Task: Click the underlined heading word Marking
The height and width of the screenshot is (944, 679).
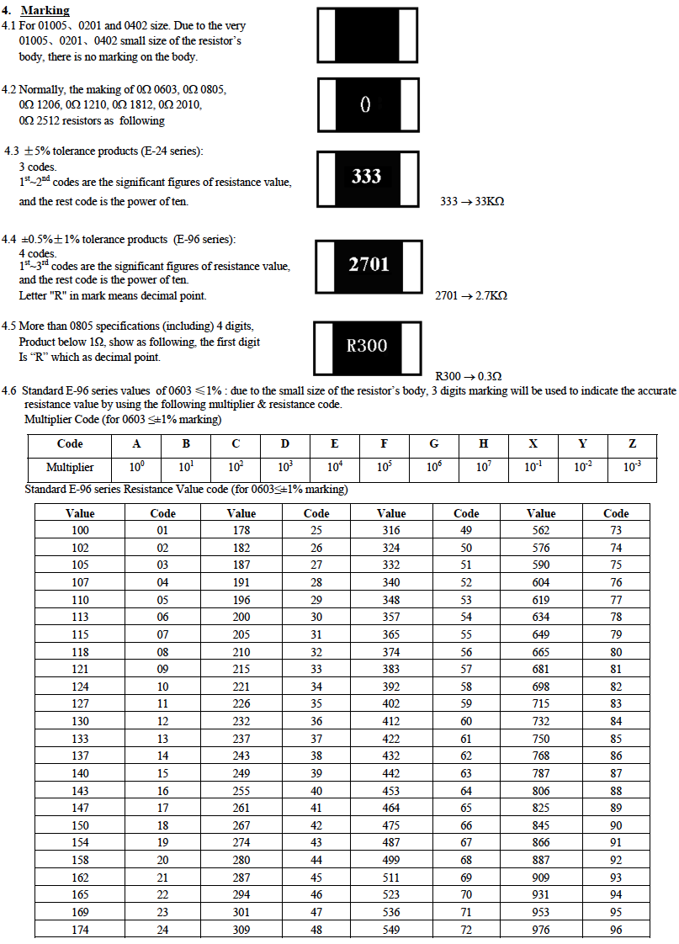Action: click(x=45, y=11)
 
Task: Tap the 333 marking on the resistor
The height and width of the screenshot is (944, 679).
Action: click(x=366, y=177)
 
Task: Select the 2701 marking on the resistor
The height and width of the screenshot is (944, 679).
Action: click(x=369, y=265)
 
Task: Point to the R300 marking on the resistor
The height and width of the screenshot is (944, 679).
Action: click(x=367, y=346)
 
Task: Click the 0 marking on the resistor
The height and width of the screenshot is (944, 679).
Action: click(x=365, y=104)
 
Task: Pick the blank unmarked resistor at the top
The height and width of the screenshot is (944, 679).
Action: click(x=367, y=34)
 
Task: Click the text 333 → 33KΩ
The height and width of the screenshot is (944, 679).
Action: click(x=472, y=202)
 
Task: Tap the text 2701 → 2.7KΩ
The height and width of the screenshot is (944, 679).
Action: click(x=471, y=296)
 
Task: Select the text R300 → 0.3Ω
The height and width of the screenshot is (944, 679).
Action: click(x=469, y=376)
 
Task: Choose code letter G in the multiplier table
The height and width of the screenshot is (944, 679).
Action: click(x=434, y=444)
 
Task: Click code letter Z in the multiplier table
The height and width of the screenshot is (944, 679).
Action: click(x=632, y=444)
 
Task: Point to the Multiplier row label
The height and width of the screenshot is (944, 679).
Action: click(x=70, y=467)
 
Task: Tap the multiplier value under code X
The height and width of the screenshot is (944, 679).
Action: click(x=533, y=467)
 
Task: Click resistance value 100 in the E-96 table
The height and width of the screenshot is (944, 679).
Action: click(x=80, y=530)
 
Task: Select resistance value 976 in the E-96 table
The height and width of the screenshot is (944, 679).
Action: click(x=541, y=930)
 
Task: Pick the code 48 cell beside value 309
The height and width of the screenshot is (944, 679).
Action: click(x=316, y=930)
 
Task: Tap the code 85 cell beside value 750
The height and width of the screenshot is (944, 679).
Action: click(x=616, y=738)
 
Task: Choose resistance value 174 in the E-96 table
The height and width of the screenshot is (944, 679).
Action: click(x=80, y=930)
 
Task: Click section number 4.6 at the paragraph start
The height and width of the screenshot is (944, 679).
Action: click(x=9, y=391)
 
